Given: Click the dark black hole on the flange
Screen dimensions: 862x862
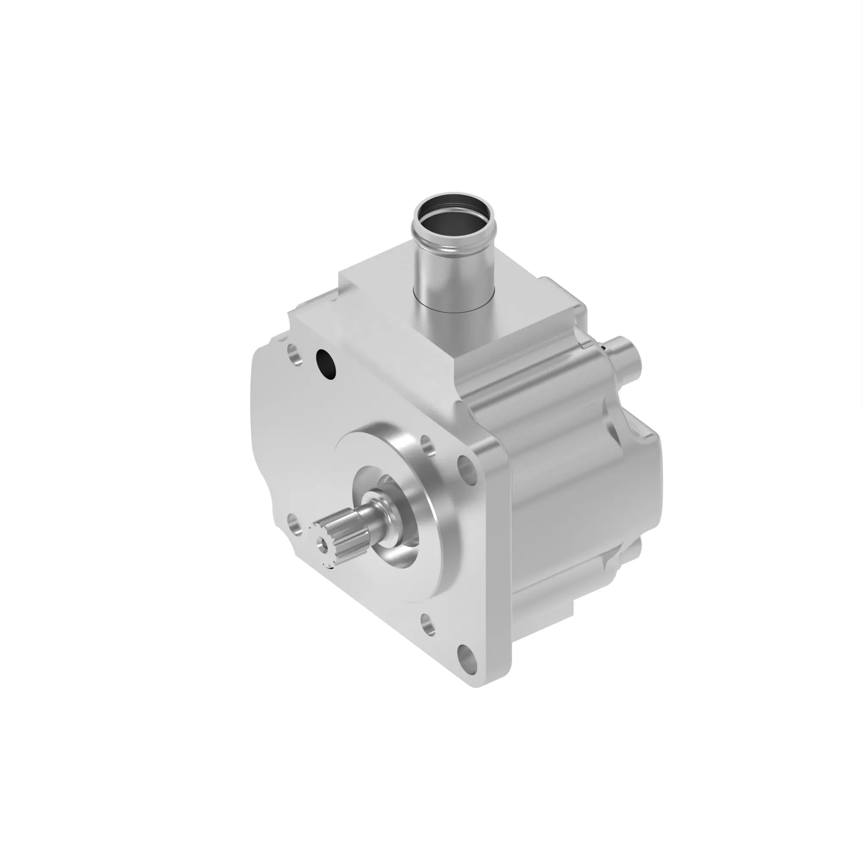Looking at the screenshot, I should (326, 365).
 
